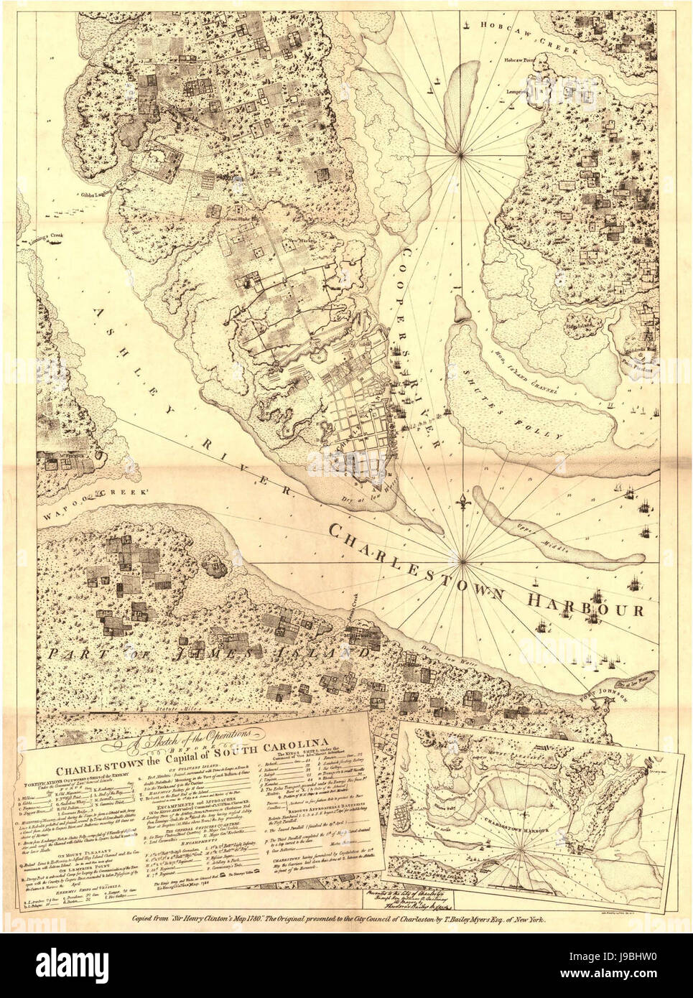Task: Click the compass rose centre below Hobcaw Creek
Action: click(460, 153)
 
